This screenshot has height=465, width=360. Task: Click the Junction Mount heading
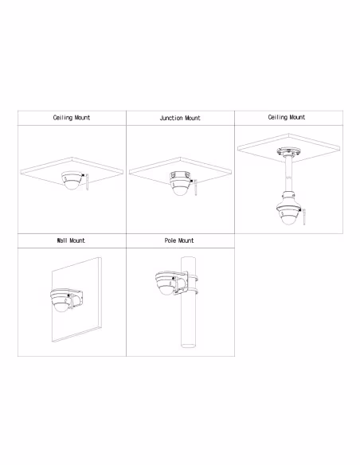pyautogui.click(x=180, y=118)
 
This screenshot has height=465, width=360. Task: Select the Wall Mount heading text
pyautogui.click(x=71, y=240)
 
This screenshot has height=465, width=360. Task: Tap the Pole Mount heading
pyautogui.click(x=180, y=240)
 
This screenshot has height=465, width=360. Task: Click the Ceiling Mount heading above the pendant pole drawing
pyautogui.click(x=288, y=117)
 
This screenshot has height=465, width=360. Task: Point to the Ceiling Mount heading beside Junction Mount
pyautogui.click(x=71, y=118)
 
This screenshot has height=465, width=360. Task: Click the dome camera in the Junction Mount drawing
pyautogui.click(x=177, y=186)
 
